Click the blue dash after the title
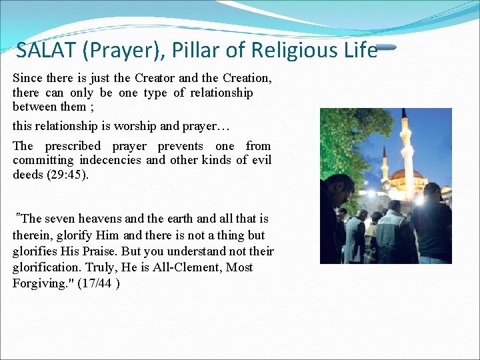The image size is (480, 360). pos(387,48)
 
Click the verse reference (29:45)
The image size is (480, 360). pos(70,175)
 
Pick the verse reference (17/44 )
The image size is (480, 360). pos(99,283)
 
